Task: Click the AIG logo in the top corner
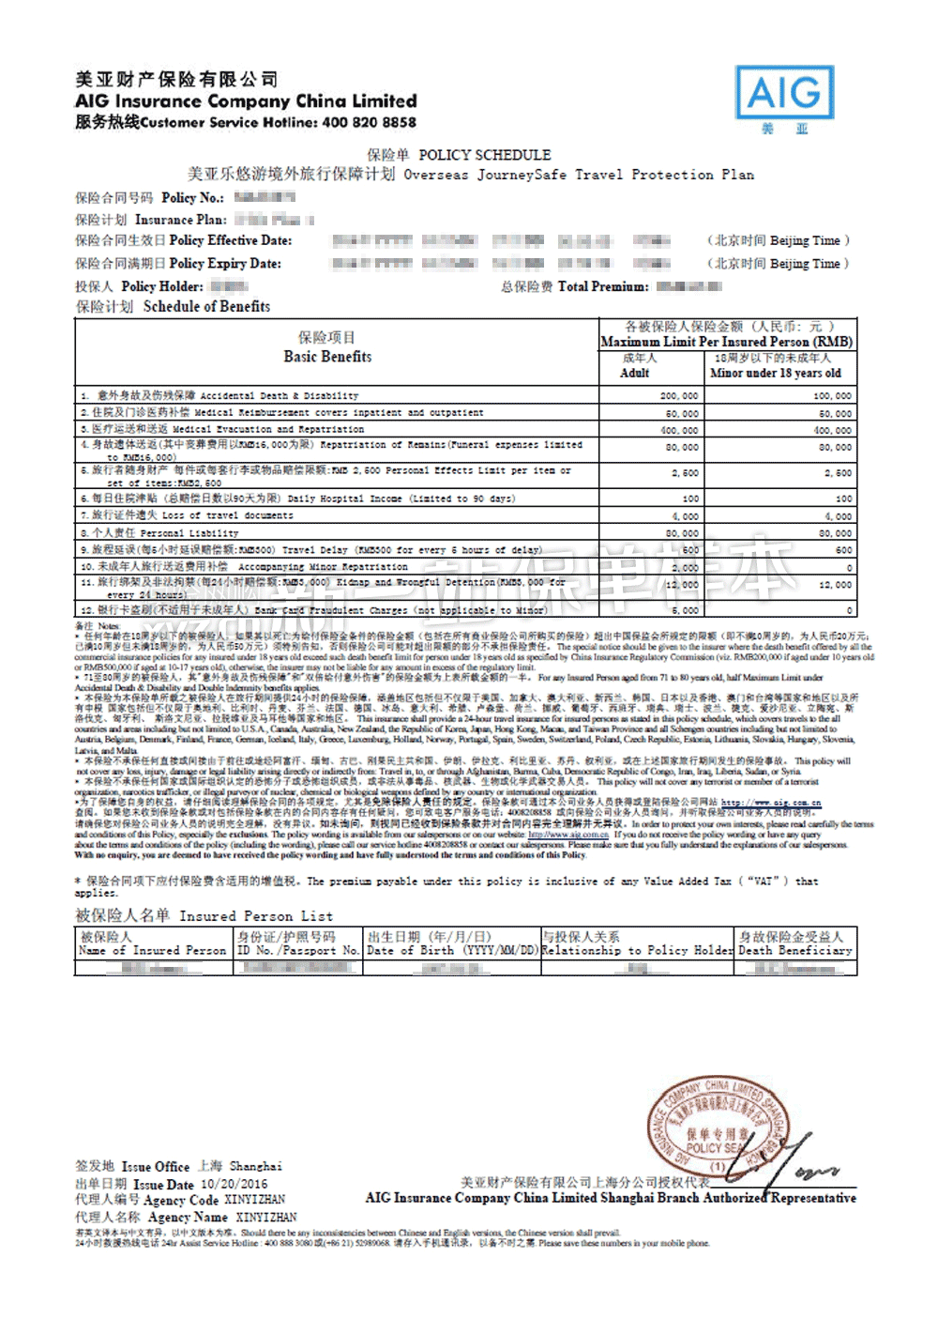coord(784,93)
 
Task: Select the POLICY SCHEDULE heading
coord(484,155)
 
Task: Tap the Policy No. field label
coord(192,197)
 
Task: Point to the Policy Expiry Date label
coord(225,264)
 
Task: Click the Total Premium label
coord(602,286)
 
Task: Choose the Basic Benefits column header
coord(327,357)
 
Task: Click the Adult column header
coord(635,373)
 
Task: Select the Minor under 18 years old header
coord(775,373)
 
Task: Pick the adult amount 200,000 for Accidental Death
coord(679,396)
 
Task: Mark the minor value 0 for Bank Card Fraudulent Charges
coord(848,610)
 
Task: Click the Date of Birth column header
coord(451,950)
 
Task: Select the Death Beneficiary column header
coord(794,950)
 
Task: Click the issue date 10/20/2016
coord(234,1185)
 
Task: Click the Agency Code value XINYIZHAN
coord(255,1200)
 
